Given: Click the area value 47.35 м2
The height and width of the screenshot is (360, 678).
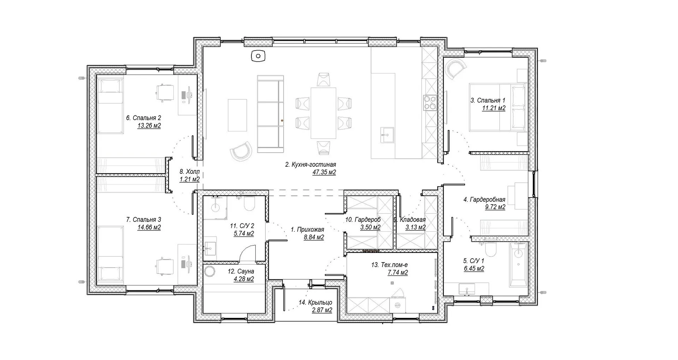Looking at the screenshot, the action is coord(324,172).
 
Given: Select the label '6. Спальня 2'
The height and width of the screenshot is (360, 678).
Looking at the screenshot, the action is coord(143,118).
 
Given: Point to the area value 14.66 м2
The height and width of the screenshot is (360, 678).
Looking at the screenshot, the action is coord(149,228).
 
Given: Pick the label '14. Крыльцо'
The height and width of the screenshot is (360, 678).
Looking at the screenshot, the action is coord(315,302).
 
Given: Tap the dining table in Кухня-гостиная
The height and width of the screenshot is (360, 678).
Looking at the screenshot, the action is coord(323,113).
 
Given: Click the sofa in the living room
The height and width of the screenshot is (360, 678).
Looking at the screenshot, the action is coord(270,114).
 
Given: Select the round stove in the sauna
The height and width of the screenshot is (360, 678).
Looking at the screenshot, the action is coord(210,271).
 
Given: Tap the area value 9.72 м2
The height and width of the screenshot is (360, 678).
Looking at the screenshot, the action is coord(495,207).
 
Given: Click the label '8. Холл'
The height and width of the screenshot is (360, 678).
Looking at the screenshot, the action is coord(190,172).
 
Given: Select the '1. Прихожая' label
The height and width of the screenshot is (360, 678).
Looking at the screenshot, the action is coord(307,229).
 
